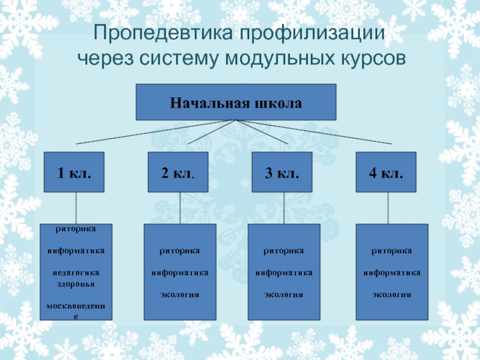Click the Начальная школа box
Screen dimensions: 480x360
tap(236, 102)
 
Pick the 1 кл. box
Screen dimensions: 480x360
tap(75, 173)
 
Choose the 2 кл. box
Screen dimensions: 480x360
tap(178, 173)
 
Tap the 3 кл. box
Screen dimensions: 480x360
tap(281, 173)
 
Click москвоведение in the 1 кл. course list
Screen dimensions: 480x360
tap(76, 306)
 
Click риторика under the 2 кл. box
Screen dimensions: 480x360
tap(179, 250)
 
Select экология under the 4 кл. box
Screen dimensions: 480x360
tap(392, 295)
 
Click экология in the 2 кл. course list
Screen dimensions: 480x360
tap(179, 295)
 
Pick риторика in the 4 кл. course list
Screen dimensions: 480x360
tap(392, 250)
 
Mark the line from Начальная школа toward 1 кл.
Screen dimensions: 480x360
tap(156, 132)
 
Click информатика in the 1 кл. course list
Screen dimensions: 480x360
tap(76, 250)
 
